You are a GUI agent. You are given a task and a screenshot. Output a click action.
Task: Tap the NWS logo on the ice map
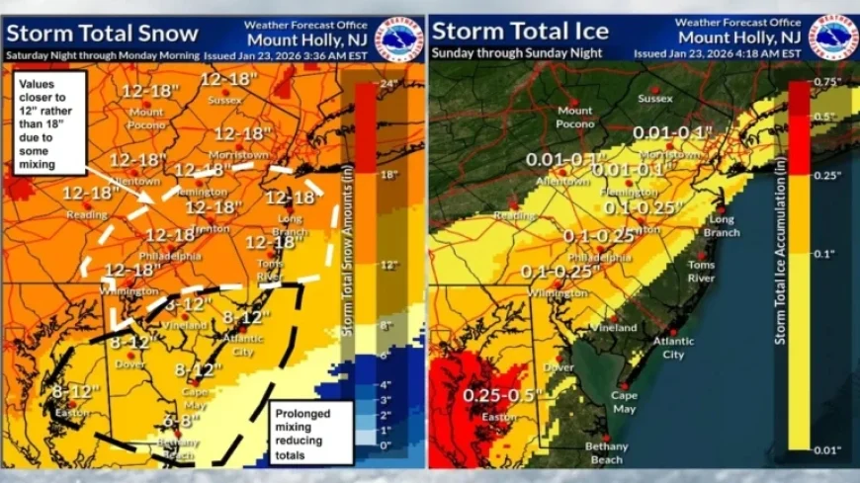(833, 36)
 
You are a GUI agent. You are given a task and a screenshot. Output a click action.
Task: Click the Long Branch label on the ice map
(721, 225)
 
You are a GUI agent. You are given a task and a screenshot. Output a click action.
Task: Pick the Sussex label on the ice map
(654, 99)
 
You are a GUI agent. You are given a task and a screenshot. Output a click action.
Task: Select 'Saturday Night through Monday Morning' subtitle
(103, 54)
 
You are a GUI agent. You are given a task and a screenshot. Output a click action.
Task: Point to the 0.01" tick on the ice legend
(827, 450)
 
